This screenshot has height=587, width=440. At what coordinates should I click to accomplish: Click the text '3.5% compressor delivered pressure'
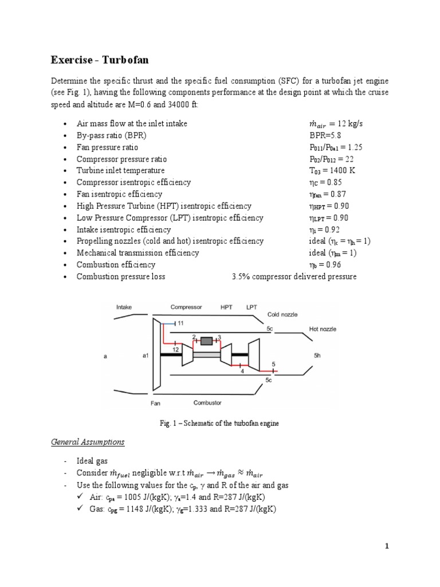(x=294, y=276)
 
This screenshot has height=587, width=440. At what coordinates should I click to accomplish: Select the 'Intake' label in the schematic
(x=124, y=307)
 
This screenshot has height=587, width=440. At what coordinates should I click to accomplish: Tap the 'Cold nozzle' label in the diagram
(x=282, y=315)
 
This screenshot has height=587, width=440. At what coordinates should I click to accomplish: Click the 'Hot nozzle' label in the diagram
(x=323, y=329)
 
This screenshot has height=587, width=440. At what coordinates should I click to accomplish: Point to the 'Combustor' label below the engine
(x=207, y=402)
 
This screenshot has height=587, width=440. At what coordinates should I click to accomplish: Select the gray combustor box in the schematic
(x=206, y=341)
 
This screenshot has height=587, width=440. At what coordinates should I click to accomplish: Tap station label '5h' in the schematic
(x=318, y=355)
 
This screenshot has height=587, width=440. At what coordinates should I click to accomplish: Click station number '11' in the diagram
(x=180, y=323)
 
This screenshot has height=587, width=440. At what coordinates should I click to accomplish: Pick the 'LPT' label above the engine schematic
(x=252, y=307)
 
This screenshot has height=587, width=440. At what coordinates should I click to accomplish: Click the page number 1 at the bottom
(x=387, y=546)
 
